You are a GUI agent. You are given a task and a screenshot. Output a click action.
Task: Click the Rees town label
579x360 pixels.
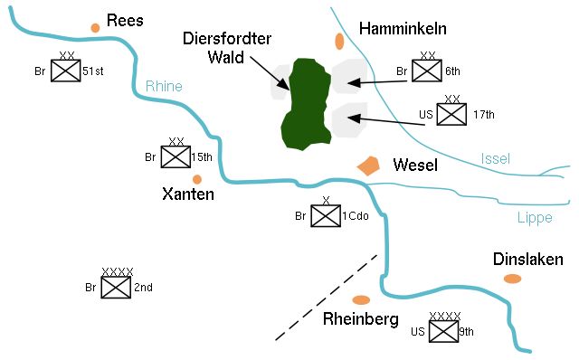point(126,20)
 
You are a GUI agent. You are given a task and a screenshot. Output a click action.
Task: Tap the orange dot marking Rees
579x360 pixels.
point(95,28)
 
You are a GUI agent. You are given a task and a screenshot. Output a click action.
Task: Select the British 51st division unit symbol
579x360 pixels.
point(66,71)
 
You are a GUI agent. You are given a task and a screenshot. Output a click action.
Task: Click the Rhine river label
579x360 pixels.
point(164,87)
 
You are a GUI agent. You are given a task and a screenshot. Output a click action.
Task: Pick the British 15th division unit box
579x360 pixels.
point(176,157)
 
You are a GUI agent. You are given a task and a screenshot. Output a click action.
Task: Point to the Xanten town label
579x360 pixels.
point(187,194)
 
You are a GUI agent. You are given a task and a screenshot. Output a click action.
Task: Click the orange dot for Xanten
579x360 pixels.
point(196,179)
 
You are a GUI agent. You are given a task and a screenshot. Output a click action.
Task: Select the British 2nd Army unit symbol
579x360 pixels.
point(117,288)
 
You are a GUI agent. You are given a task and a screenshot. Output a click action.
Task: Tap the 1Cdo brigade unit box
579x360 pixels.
point(325,216)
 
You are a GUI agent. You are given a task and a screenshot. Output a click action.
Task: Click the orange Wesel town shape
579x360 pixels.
point(367,166)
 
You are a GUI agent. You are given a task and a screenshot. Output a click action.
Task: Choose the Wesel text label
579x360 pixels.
point(416,166)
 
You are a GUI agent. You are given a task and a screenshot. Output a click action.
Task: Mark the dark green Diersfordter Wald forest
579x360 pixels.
point(306,104)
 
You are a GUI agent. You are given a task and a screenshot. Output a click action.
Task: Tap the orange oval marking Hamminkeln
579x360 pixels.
point(339,41)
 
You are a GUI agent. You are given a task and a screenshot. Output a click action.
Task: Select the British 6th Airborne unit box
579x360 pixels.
point(428,71)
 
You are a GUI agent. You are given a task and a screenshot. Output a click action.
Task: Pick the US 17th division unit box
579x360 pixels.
point(453,114)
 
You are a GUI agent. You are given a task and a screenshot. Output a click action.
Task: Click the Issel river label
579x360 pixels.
point(495,159)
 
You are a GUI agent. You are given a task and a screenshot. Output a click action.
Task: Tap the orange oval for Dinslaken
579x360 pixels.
point(513,278)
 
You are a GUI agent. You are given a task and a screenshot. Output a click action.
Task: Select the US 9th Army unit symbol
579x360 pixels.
point(443,332)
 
